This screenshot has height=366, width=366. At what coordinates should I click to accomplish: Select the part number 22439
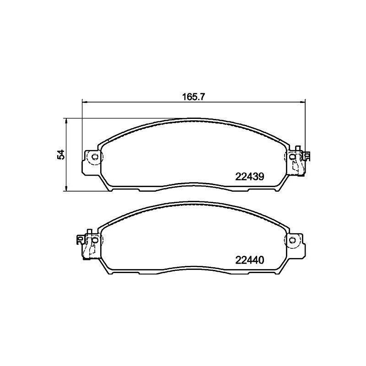pos(250,177)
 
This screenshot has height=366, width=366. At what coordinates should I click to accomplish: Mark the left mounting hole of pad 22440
pos(95,240)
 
